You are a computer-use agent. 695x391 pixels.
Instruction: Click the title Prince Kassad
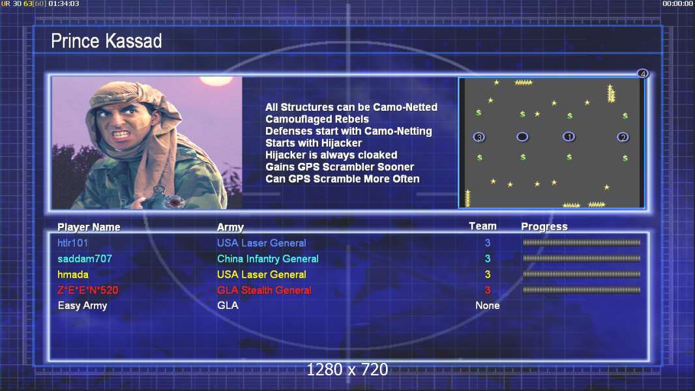click(106, 41)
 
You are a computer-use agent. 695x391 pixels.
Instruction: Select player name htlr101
click(72, 243)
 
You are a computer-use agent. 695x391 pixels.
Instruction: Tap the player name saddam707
click(85, 259)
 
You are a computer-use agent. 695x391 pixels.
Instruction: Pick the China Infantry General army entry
click(268, 259)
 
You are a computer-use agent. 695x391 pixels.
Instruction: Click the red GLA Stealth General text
click(264, 291)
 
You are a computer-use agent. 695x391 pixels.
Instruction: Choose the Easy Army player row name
click(82, 306)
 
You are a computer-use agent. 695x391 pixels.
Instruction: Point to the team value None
click(488, 306)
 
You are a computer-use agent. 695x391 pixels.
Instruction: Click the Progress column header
click(544, 227)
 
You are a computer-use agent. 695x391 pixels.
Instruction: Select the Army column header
click(231, 227)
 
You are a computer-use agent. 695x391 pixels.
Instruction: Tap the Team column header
click(482, 226)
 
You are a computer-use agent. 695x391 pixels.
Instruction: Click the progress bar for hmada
click(582, 274)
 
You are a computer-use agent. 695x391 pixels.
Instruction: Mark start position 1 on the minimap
click(569, 137)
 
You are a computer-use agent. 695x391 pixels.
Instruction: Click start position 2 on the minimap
click(623, 138)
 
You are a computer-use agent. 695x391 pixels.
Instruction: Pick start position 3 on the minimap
click(479, 138)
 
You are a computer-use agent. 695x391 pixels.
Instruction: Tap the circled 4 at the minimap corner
click(643, 74)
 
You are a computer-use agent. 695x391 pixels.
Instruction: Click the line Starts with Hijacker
click(314, 143)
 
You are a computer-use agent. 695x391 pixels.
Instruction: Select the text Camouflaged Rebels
click(317, 119)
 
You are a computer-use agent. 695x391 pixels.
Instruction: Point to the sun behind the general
click(216, 80)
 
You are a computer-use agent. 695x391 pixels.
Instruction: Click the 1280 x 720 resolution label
click(347, 369)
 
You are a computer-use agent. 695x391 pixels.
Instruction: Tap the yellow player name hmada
click(72, 274)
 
